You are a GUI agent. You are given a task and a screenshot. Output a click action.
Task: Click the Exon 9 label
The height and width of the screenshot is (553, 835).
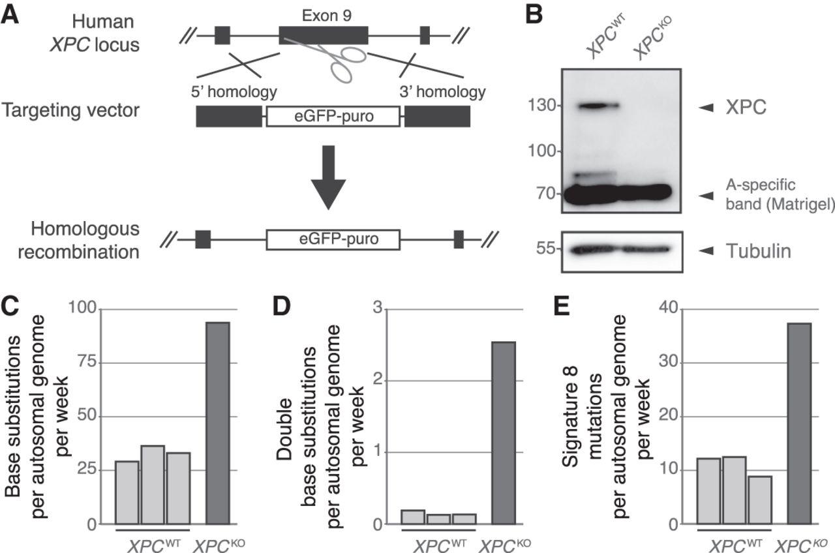[327, 16]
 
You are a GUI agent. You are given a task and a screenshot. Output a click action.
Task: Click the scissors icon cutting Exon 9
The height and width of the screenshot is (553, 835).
[328, 59]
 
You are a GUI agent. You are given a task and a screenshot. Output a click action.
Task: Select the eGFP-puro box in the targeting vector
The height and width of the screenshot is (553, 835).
[333, 116]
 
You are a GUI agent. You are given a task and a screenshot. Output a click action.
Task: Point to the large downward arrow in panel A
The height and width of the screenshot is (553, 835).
[328, 177]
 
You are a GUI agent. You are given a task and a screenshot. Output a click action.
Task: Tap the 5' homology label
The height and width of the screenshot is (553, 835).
[234, 92]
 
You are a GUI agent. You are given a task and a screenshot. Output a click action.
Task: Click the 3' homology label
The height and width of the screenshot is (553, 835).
[443, 92]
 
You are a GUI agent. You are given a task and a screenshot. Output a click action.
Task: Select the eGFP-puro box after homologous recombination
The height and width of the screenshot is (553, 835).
[333, 239]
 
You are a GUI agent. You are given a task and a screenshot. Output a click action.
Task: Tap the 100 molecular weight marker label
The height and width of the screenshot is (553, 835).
[541, 151]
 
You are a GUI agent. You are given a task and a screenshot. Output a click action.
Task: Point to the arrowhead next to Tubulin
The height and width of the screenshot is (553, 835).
[706, 251]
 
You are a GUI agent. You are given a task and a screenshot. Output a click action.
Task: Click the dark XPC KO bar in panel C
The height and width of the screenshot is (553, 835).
[218, 423]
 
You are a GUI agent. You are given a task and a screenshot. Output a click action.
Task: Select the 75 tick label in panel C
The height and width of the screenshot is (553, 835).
[87, 362]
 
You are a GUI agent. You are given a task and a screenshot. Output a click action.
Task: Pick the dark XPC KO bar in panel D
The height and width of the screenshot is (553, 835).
[504, 433]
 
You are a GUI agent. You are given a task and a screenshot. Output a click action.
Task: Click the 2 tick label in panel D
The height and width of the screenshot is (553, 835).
[378, 380]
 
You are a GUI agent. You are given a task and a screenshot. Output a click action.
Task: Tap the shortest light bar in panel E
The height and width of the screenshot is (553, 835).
[760, 500]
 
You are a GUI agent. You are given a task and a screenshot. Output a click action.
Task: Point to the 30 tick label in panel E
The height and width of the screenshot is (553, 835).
[669, 362]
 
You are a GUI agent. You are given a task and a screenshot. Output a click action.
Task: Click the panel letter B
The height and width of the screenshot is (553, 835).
[534, 15]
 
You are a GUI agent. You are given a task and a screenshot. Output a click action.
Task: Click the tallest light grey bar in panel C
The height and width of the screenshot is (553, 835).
[153, 485]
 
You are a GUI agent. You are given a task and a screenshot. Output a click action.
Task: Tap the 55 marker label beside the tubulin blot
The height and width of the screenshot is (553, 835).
[546, 248]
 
